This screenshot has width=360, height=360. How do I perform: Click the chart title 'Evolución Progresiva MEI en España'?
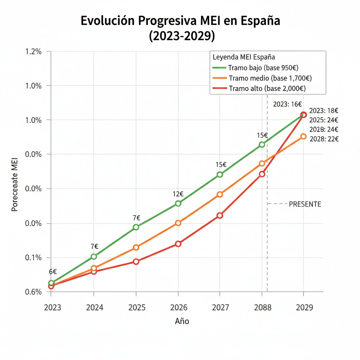(x=180, y=21)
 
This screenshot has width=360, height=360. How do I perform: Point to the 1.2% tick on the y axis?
(x=33, y=52)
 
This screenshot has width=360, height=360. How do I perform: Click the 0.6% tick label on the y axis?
(x=33, y=292)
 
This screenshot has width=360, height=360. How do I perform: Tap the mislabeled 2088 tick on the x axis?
(x=263, y=308)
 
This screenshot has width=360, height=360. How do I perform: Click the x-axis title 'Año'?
(x=182, y=321)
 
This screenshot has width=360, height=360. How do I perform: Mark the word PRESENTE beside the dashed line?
(x=305, y=204)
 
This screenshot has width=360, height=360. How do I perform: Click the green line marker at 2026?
(x=178, y=203)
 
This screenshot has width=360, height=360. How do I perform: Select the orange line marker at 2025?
(x=136, y=247)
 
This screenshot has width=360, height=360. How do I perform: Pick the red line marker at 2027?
(x=220, y=215)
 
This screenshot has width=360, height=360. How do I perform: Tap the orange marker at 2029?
(x=303, y=136)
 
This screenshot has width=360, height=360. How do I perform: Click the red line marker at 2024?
(x=94, y=271)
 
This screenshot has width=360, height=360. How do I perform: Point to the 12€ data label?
(x=178, y=194)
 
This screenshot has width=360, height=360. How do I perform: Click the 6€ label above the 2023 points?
(x=53, y=272)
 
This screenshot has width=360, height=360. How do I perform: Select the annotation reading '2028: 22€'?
(x=324, y=139)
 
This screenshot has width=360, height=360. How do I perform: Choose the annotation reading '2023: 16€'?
(x=288, y=104)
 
